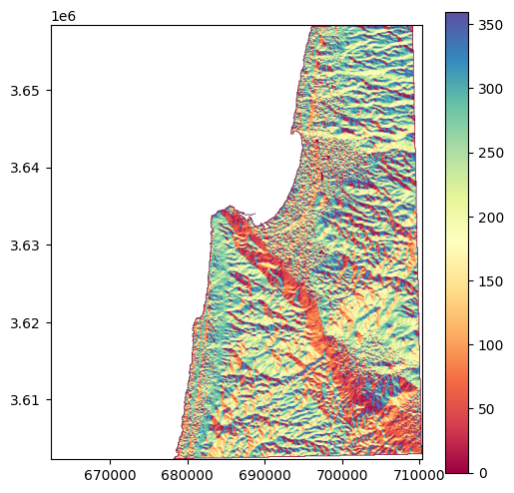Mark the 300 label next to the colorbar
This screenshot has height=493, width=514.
tap(488, 88)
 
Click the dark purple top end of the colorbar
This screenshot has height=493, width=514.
tap(457, 15)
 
